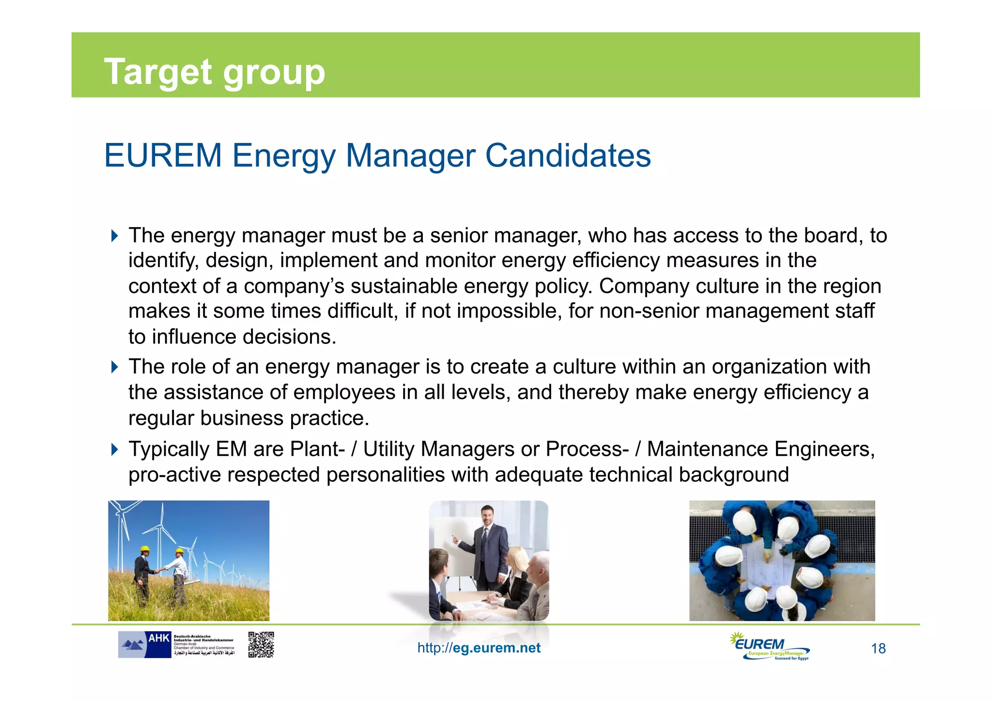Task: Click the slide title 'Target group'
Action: pyautogui.click(x=214, y=72)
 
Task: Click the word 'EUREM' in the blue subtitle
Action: pyautogui.click(x=163, y=156)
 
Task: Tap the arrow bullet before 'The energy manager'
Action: pyautogui.click(x=114, y=236)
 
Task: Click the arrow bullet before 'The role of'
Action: pyautogui.click(x=114, y=367)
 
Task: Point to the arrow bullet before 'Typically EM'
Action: pyautogui.click(x=114, y=450)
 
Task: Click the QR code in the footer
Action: pyautogui.click(x=261, y=644)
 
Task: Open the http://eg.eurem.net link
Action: pyautogui.click(x=479, y=648)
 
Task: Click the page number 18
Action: pyautogui.click(x=878, y=649)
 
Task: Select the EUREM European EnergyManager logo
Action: pyautogui.click(x=769, y=646)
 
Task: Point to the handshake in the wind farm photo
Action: pyautogui.click(x=158, y=571)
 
